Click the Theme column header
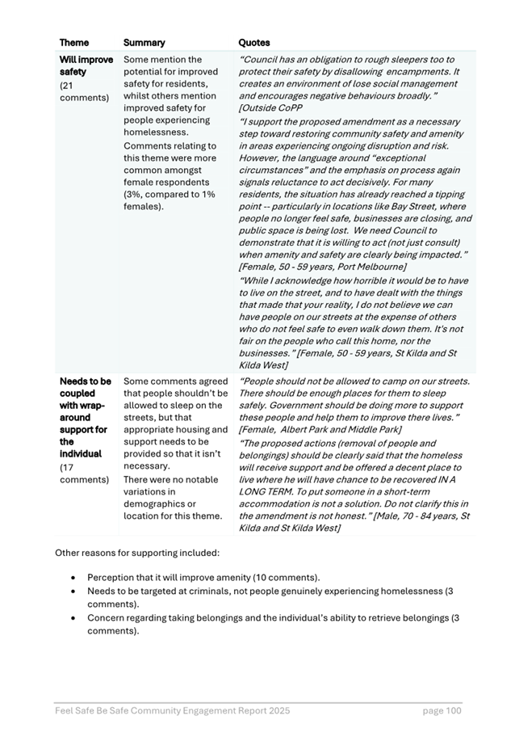pyautogui.click(x=74, y=42)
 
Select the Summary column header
pyautogui.click(x=144, y=42)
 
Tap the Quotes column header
pyautogui.click(x=254, y=42)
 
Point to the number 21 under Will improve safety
pyautogui.click(x=67, y=85)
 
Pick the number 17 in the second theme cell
pyautogui.click(x=68, y=466)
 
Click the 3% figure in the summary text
pyautogui.click(x=133, y=194)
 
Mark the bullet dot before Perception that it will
pyautogui.click(x=73, y=578)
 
